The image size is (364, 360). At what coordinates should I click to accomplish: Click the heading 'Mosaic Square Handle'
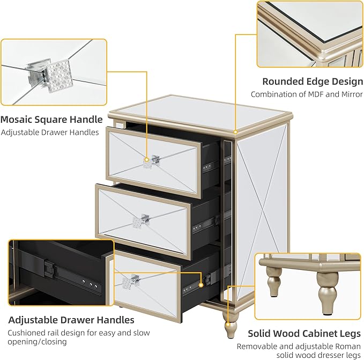point(51,120)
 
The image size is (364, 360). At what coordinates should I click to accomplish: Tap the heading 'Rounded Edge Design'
point(313,82)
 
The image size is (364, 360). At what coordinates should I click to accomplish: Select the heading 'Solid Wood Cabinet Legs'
point(304,334)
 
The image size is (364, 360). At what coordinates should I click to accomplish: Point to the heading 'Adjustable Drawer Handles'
point(71,320)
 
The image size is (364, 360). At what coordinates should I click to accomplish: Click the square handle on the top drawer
point(151,161)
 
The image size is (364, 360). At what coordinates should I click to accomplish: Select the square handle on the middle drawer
point(140,221)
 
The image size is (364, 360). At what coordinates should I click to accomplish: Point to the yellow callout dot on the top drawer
point(146,160)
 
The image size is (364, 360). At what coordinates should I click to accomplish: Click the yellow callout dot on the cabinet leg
point(228,324)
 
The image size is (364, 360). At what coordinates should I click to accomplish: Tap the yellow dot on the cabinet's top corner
point(235,132)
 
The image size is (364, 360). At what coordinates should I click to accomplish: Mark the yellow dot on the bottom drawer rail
point(201,285)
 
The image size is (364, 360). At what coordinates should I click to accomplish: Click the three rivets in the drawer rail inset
point(90,284)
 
